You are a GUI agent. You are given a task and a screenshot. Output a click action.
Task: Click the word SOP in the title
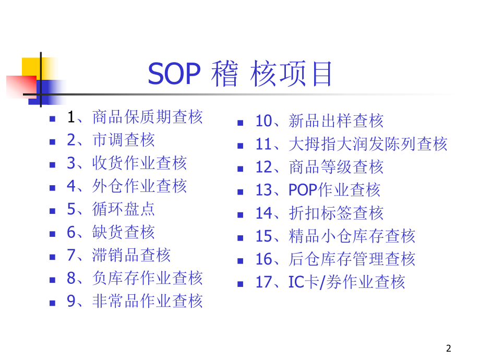(x=174, y=75)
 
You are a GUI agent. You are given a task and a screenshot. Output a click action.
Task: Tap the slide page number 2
(x=449, y=348)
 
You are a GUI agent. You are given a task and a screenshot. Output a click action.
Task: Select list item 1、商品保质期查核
(x=135, y=117)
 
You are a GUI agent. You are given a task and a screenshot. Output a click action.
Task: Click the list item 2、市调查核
(x=111, y=140)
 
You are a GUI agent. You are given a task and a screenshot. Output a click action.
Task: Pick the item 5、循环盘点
(x=111, y=209)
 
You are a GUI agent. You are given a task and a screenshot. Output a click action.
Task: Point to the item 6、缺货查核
(x=111, y=232)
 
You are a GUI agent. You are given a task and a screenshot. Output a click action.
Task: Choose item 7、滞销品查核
(x=118, y=255)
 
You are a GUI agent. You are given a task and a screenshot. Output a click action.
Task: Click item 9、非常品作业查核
(x=135, y=301)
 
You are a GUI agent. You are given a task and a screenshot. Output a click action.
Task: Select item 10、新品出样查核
(x=319, y=121)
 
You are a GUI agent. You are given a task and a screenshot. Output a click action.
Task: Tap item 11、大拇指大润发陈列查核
(x=351, y=144)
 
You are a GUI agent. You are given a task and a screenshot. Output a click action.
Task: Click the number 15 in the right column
(x=264, y=236)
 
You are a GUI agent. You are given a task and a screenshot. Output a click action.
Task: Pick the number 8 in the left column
(x=71, y=278)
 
